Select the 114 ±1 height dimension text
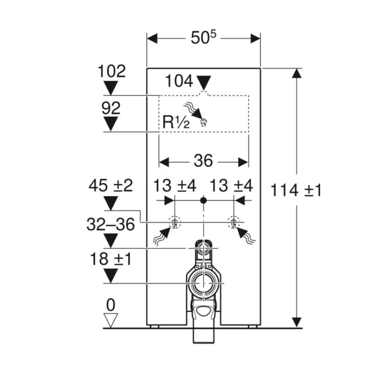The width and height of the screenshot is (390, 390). click(296, 190)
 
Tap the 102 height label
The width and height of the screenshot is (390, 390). click(112, 71)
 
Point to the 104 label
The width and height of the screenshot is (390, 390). click(179, 81)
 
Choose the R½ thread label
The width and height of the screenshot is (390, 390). click(176, 122)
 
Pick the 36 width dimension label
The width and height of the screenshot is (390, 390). click(203, 160)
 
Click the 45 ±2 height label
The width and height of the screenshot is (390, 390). click(111, 186)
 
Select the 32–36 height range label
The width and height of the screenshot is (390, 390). click(111, 224)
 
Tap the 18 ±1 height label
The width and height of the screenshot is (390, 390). click(111, 259)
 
